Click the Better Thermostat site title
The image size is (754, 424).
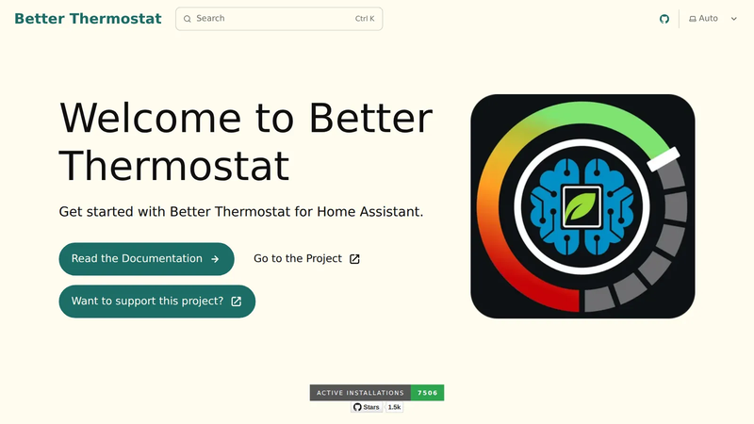point(88,19)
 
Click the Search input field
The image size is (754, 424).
point(279,19)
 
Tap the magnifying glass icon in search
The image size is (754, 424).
point(187,19)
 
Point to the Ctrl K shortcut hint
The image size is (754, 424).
point(365,19)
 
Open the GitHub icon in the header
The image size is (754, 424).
point(664,19)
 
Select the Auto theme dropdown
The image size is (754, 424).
point(713,19)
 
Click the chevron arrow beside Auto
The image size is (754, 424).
point(734,19)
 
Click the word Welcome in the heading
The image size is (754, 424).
point(150,118)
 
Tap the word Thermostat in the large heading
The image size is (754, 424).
point(174,166)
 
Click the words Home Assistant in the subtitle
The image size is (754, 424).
point(369,211)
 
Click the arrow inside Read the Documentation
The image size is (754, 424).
point(215,259)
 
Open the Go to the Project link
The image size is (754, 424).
point(307,258)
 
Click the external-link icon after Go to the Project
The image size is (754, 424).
point(354,259)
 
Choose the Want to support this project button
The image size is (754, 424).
point(157,302)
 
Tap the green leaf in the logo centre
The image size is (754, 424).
point(582,206)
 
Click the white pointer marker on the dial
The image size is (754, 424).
point(664,159)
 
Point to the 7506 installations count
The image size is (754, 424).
point(428,393)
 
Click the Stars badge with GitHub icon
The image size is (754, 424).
point(367,407)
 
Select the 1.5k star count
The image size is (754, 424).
point(394,407)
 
